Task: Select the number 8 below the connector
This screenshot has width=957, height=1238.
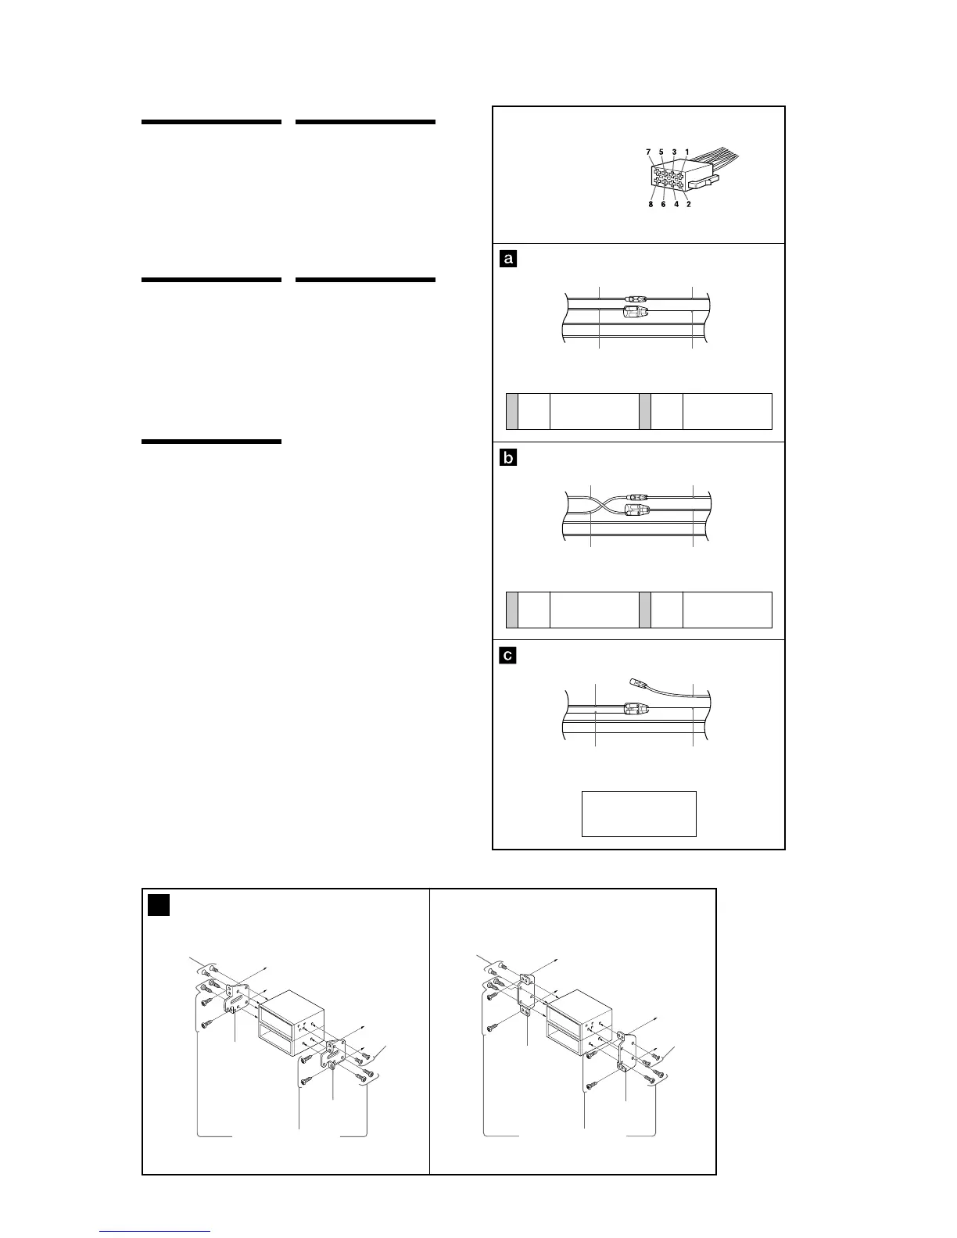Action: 650,205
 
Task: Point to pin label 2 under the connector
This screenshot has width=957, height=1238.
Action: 688,205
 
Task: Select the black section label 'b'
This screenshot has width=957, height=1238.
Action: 508,458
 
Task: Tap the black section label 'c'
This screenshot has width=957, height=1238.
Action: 508,656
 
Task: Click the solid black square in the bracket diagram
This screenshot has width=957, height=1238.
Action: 159,905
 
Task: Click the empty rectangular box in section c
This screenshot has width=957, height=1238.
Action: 639,814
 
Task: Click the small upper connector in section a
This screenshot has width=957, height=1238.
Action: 636,298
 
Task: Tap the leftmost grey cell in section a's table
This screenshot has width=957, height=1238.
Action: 512,411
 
